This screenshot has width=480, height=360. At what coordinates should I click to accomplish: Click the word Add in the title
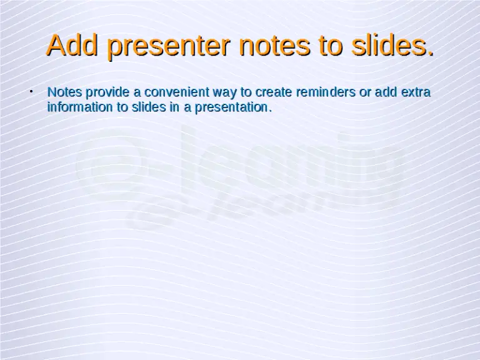coord(67,46)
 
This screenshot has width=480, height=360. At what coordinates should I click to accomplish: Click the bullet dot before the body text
coord(31,92)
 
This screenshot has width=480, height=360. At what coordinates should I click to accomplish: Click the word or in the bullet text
coord(364,92)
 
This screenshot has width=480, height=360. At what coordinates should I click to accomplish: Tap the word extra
coord(416,92)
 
